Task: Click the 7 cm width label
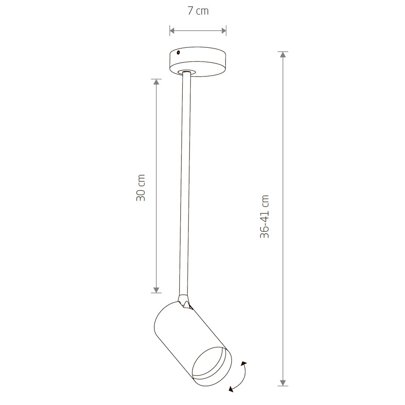click(198, 11)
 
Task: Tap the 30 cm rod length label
click(141, 188)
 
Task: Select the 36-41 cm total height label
click(265, 216)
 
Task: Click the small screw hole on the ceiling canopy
click(178, 53)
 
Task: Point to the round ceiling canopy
click(198, 62)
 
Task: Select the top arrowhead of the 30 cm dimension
click(156, 82)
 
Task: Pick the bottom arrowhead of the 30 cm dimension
click(156, 290)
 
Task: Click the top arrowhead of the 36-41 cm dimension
click(283, 55)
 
